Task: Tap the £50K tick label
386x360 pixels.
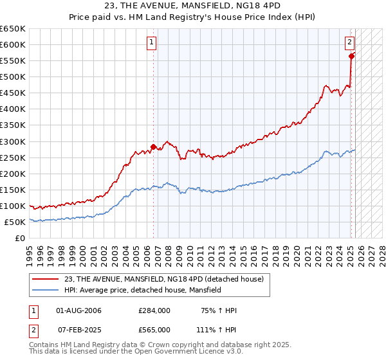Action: [15, 222]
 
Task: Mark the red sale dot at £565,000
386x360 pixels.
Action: [352, 56]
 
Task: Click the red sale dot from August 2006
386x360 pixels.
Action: [153, 147]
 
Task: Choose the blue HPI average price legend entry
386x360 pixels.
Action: [142, 290]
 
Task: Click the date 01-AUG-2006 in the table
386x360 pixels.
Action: [79, 310]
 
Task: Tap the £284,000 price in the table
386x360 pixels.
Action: [154, 310]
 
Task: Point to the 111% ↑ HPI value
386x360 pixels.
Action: [217, 329]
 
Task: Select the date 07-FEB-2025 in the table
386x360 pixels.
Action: [79, 329]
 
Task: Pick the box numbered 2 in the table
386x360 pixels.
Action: [33, 329]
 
